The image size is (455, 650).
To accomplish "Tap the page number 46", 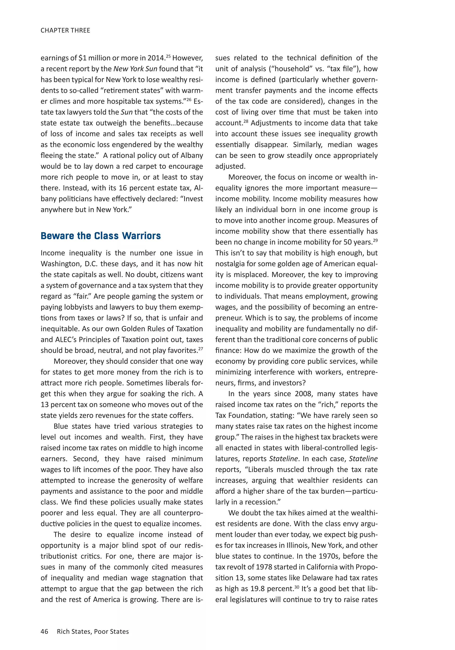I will pyautogui.click(x=44, y=631).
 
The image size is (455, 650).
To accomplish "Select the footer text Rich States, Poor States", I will pyautogui.click(x=93, y=631).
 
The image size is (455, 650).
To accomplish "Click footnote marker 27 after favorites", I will pyautogui.click(x=200, y=349).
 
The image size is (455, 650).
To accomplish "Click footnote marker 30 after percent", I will pyautogui.click(x=297, y=587).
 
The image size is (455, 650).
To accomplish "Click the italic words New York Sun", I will pyautogui.click(x=135, y=69).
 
